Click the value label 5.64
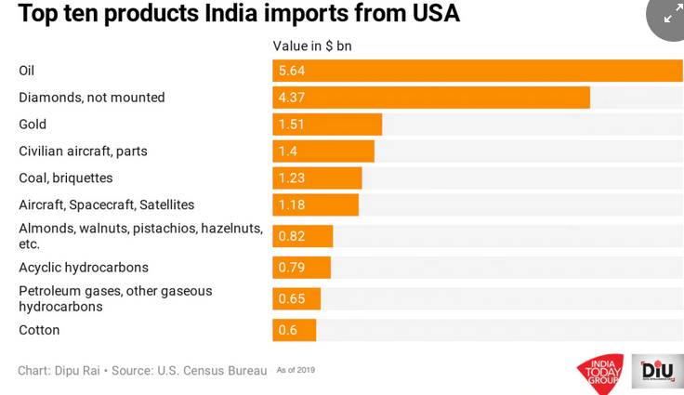(291, 71)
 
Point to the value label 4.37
(291, 98)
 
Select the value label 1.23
(291, 178)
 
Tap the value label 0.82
(291, 236)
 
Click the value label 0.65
(291, 298)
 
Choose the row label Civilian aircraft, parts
(83, 151)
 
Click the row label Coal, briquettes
(65, 178)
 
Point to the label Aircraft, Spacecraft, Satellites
(106, 204)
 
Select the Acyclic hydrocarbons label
(83, 268)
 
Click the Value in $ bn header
(312, 46)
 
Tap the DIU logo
(657, 371)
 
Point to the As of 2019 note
(296, 370)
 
